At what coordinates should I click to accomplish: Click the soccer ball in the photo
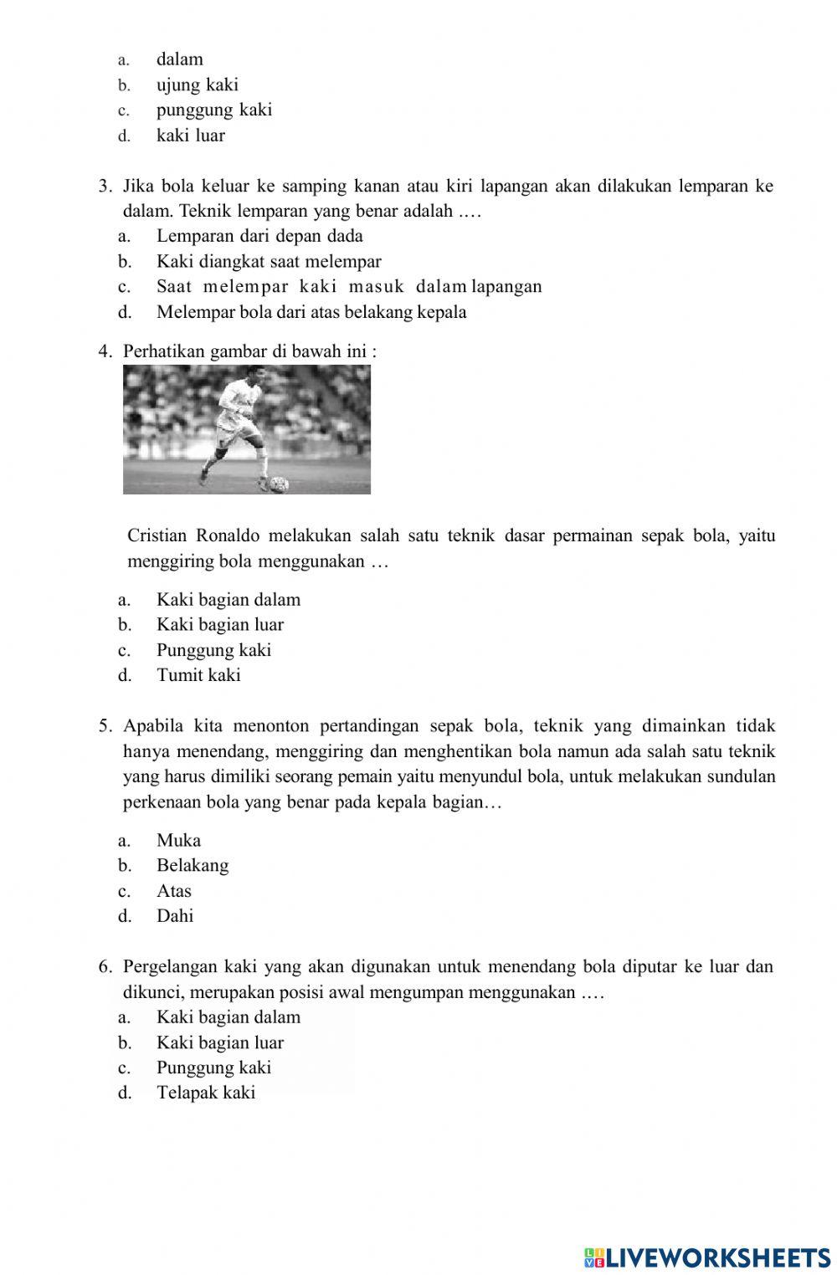[x=279, y=484]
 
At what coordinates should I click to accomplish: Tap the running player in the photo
[x=236, y=427]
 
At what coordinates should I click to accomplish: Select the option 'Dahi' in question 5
[x=175, y=916]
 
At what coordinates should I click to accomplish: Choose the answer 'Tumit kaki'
[x=198, y=675]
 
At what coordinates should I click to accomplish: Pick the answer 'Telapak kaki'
[x=206, y=1093]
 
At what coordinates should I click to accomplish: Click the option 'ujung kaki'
[x=198, y=84]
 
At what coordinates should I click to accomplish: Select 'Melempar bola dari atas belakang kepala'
[x=311, y=312]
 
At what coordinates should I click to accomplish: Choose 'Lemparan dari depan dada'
[x=259, y=236]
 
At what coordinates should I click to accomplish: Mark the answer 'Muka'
[x=178, y=841]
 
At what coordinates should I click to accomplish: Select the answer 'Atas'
[x=174, y=891]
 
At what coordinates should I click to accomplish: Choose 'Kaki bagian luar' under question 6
[x=220, y=1042]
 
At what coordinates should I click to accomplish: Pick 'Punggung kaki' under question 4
[x=213, y=650]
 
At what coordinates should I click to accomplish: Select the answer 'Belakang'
[x=193, y=866]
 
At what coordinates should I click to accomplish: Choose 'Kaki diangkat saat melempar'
[x=269, y=262]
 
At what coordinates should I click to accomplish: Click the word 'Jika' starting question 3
[x=138, y=186]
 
